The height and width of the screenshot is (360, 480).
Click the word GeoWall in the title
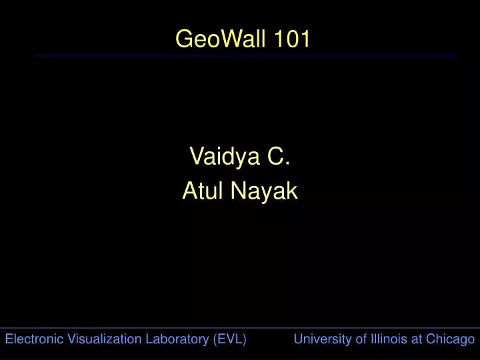[221, 40]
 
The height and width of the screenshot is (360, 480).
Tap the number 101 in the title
[291, 40]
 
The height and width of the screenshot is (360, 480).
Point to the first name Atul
[203, 192]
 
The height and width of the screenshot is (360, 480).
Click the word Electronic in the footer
[33, 339]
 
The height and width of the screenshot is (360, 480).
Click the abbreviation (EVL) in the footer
[230, 339]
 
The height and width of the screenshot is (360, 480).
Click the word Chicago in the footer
[450, 339]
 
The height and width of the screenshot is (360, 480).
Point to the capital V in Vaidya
[196, 157]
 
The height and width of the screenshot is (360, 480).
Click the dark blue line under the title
[247, 56]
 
